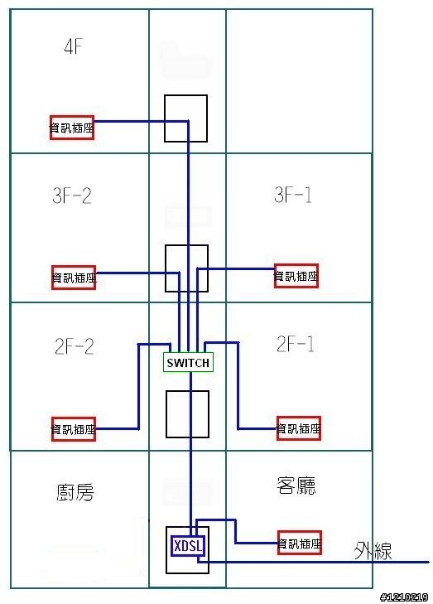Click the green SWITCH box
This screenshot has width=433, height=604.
[x=188, y=362]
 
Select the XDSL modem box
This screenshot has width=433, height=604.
[x=188, y=546]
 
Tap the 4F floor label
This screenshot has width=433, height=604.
[x=73, y=46]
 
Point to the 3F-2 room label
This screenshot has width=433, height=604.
[x=72, y=196]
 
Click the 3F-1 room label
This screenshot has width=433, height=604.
[x=293, y=195]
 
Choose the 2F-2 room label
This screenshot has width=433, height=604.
[x=75, y=346]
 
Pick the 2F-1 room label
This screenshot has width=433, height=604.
[x=296, y=344]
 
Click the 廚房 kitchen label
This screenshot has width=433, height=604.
[x=75, y=492]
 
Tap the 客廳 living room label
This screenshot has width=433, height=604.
[x=296, y=486]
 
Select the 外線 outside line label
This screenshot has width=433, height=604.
[x=373, y=551]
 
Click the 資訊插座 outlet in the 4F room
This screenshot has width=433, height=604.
[x=72, y=128]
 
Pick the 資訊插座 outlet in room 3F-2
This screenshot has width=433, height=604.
[x=74, y=278]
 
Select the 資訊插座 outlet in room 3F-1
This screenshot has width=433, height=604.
[x=296, y=276]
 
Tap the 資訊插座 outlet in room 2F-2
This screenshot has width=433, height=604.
[x=74, y=429]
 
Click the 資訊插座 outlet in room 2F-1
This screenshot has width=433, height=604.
[x=299, y=428]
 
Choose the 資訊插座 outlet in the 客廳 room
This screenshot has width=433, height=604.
[x=300, y=543]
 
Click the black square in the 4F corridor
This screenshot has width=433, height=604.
[x=165, y=118]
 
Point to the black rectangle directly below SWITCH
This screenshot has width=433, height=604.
[x=166, y=414]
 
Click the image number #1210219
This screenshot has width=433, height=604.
[x=404, y=597]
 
